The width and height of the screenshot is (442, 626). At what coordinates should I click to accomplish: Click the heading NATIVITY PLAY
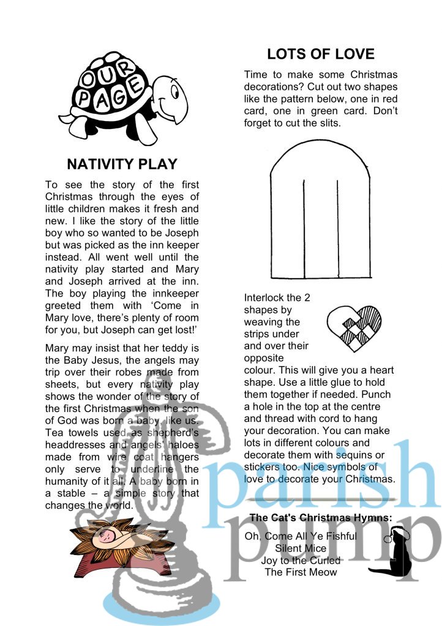tap(122, 164)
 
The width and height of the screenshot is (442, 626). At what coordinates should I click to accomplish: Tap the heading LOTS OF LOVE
tap(321, 54)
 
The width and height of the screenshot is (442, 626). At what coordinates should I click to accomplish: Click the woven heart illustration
tap(354, 325)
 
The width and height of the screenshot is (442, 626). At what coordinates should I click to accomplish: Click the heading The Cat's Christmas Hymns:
tap(320, 518)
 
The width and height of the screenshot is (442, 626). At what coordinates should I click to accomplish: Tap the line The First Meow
tap(301, 572)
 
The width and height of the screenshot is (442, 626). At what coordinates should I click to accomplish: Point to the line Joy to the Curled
tap(301, 560)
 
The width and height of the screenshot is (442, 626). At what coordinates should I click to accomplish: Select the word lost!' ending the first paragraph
tap(187, 330)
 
